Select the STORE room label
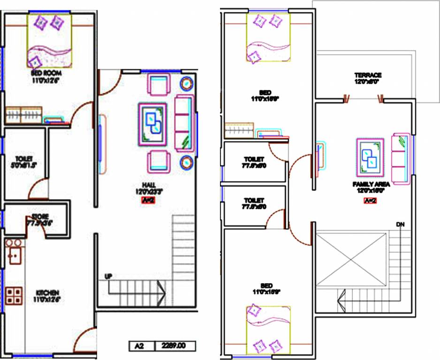click(x=40, y=217)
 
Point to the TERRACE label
click(x=368, y=75)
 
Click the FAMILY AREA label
click(x=371, y=185)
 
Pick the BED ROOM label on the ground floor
click(x=46, y=74)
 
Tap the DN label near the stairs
click(x=400, y=225)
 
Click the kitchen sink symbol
click(x=14, y=255)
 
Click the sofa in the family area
click(x=402, y=158)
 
